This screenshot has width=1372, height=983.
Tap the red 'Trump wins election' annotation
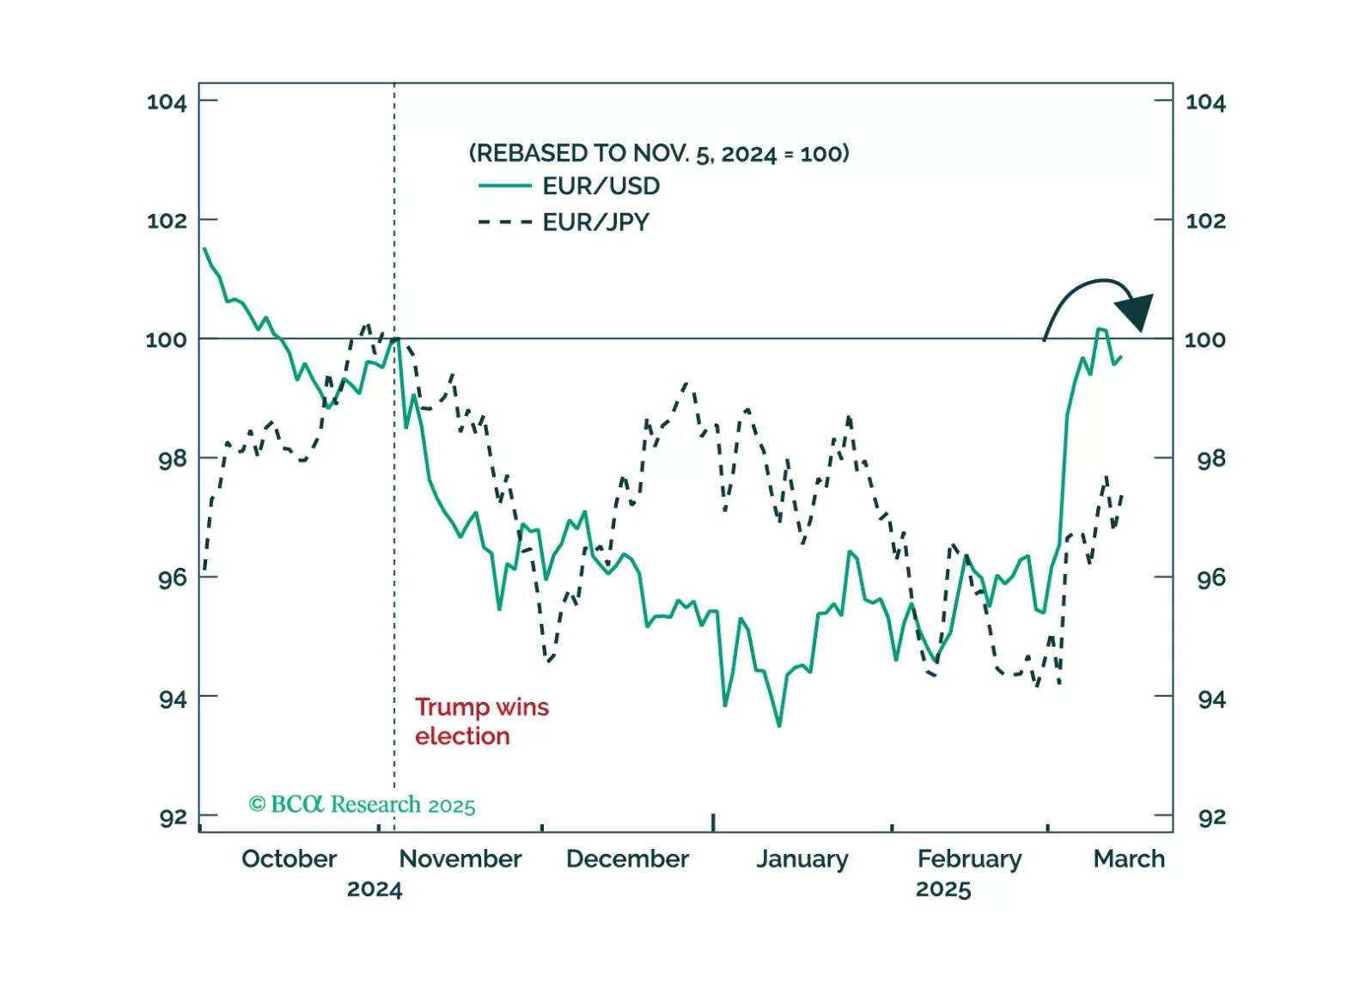click(481, 722)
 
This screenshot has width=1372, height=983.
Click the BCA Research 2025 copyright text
click(362, 804)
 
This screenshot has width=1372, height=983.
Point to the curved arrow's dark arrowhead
click(1137, 311)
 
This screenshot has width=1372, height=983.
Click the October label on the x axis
click(289, 859)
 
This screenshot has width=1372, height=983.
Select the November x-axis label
click(460, 859)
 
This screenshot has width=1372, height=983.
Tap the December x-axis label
click(627, 859)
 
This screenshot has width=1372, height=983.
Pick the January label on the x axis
click(802, 859)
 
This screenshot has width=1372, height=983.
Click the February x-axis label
click(969, 859)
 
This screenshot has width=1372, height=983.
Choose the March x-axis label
click(1129, 859)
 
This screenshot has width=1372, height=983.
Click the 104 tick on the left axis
click(167, 102)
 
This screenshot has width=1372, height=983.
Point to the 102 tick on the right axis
click(1205, 221)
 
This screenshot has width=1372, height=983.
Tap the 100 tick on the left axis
click(167, 339)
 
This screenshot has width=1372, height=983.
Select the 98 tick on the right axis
click(1211, 459)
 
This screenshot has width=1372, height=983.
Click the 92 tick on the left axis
click(173, 817)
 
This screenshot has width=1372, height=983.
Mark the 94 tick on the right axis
click(1211, 699)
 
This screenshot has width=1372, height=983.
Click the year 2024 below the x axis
click(374, 889)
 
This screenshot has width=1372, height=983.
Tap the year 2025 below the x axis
click(942, 889)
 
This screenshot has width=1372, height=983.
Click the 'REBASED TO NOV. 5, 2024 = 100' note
click(659, 154)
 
